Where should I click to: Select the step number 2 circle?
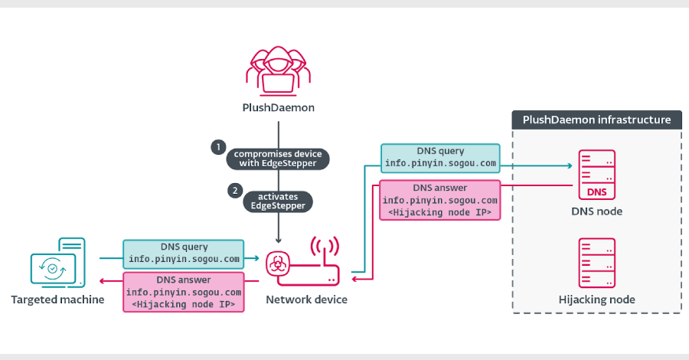click(x=237, y=189)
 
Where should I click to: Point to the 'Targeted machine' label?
click(x=57, y=299)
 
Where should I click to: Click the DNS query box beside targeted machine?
click(x=184, y=254)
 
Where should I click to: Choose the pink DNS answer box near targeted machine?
click(x=184, y=292)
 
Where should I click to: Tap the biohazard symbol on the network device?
click(x=277, y=265)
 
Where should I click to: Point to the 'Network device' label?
click(x=306, y=299)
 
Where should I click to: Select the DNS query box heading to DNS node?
click(x=440, y=158)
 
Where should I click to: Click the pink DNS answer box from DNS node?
click(x=440, y=201)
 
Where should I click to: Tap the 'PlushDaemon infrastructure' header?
click(x=596, y=120)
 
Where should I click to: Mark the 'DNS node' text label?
click(x=597, y=211)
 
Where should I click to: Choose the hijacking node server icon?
click(x=597, y=262)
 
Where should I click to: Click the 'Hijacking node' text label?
click(x=597, y=299)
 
